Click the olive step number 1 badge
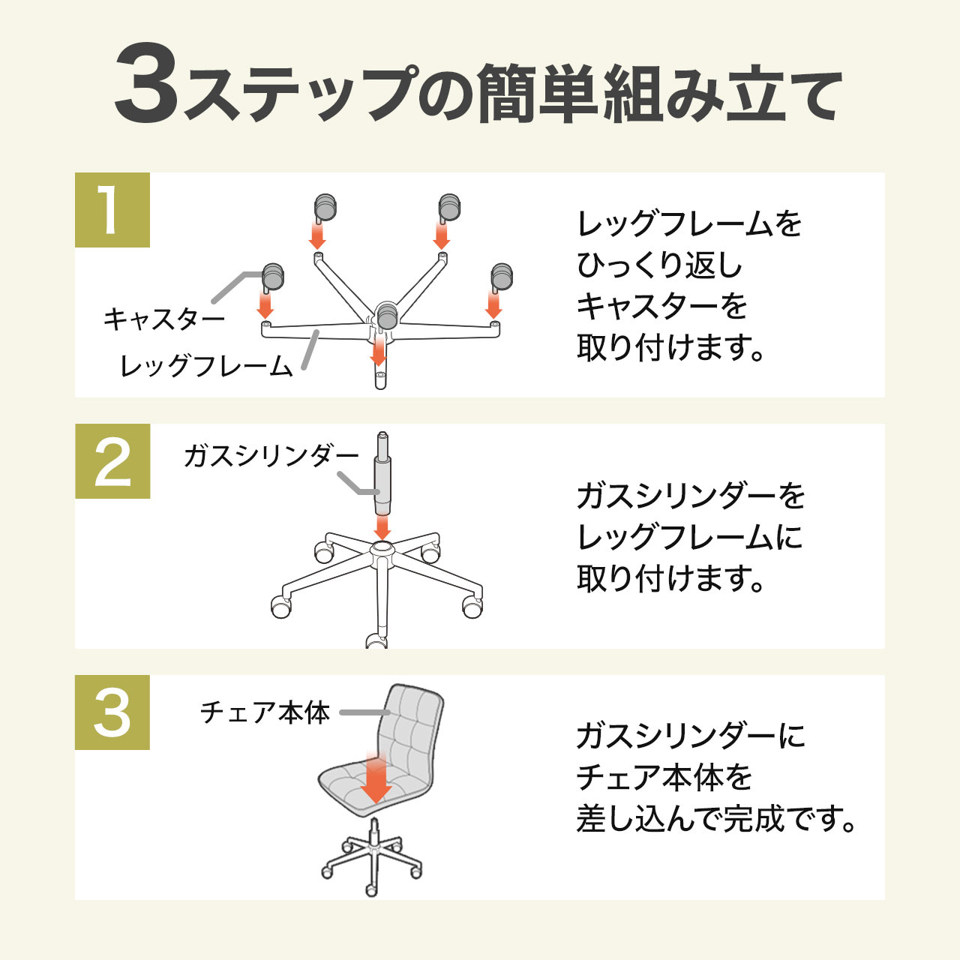(112, 210)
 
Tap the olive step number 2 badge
(112, 461)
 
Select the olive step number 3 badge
(112, 712)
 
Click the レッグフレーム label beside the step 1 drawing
(206, 367)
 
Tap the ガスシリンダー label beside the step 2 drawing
(271, 456)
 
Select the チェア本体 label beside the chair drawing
(265, 712)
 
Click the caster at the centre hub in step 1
(386, 315)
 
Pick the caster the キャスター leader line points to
(272, 275)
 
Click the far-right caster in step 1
(501, 275)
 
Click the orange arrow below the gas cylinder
(382, 526)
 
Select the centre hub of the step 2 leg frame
(382, 553)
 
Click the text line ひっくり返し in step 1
(659, 265)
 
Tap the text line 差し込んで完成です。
(716, 818)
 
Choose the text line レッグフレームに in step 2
(689, 537)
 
